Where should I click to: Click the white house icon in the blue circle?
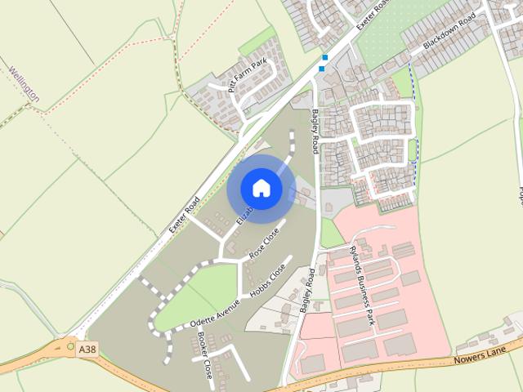tap(261, 188)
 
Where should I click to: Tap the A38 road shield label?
tap(87, 349)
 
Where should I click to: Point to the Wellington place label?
tap(25, 83)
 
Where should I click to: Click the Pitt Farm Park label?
tap(247, 75)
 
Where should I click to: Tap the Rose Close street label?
tap(264, 243)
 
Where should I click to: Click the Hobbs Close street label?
tap(269, 279)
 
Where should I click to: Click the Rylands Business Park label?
tap(360, 281)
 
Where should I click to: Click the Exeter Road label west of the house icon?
tap(185, 215)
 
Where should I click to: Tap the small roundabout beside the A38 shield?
tap(71, 348)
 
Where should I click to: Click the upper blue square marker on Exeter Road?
tap(325, 57)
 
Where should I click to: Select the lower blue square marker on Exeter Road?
tap(321, 68)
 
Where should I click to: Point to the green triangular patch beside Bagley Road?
tap(330, 234)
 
